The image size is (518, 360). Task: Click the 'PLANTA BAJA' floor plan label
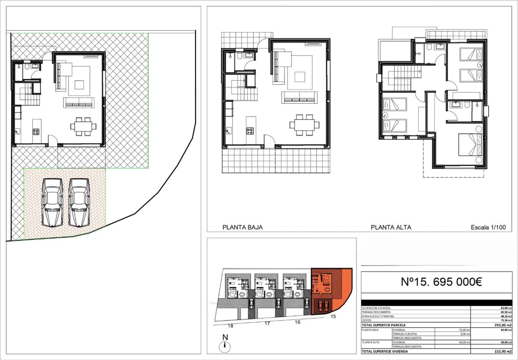coord(242,227)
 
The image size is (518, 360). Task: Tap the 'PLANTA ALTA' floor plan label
coord(391,227)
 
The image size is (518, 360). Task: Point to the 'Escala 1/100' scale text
coord(488,227)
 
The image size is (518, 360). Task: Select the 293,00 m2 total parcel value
coord(505,325)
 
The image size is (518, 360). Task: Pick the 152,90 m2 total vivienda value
coord(505,351)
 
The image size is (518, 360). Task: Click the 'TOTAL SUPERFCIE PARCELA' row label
coord(383,325)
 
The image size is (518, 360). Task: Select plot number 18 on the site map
coord(231,326)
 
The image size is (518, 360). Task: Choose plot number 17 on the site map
coord(267,323)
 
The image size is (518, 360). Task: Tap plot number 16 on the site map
coord(298,322)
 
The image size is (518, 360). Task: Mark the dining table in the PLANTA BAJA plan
coord(304,124)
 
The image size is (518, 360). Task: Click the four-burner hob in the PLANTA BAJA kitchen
coord(250,131)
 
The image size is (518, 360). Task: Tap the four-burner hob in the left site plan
coord(36,132)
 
